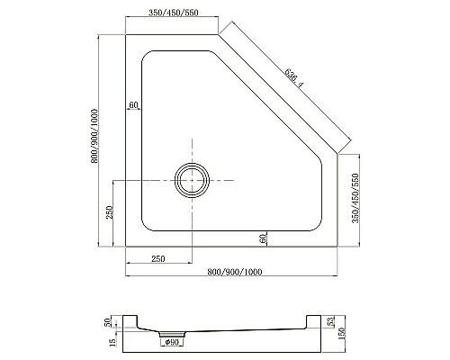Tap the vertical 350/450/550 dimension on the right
pos(357,199)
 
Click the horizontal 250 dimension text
pos(157,259)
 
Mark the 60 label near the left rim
pos(133,105)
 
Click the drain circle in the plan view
pos(192,180)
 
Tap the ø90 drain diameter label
pos(172,341)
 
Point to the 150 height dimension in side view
pos(342,335)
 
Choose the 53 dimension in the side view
pos(332,320)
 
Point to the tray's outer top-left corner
pos(125,35)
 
